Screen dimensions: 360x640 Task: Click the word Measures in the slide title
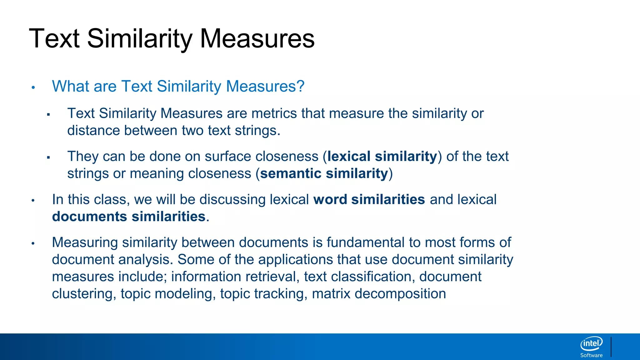tap(257, 39)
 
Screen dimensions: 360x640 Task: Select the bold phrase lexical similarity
tap(382, 156)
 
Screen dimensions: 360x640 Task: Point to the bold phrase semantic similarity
tap(324, 173)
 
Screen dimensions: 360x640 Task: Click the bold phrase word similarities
tap(369, 199)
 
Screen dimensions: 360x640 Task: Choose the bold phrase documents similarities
tap(128, 217)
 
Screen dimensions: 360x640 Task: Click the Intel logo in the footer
tap(591, 344)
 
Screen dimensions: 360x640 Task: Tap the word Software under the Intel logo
tap(591, 355)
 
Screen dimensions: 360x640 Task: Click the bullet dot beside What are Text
tap(33, 87)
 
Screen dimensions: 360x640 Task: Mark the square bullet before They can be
tap(48, 157)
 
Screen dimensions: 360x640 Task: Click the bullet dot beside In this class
tap(33, 200)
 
